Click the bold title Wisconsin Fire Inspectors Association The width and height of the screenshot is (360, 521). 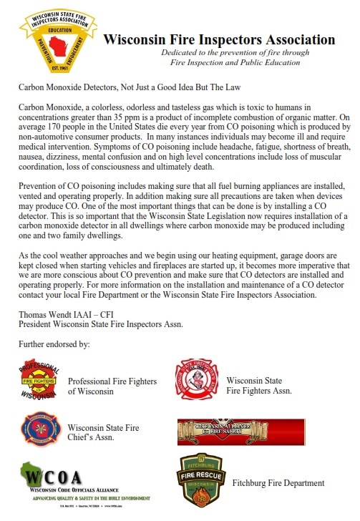click(x=219, y=40)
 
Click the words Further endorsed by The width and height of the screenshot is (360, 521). click(x=54, y=344)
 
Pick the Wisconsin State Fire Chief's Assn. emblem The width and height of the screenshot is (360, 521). click(x=40, y=433)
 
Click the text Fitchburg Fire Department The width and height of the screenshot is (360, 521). click(x=278, y=484)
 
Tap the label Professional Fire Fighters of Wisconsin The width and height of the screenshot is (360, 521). click(x=112, y=386)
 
